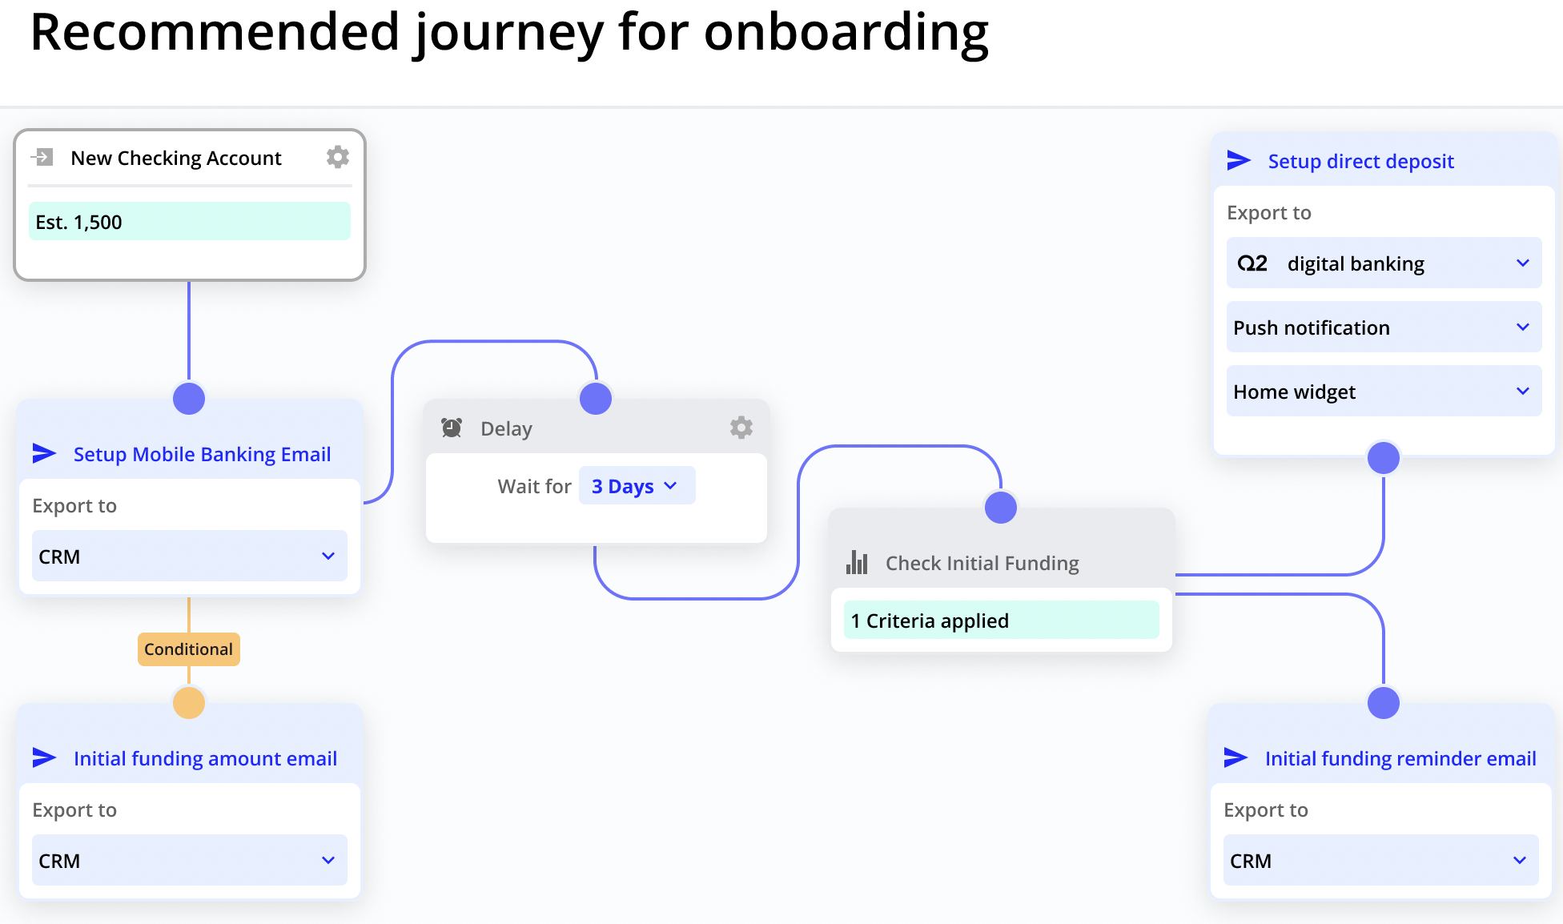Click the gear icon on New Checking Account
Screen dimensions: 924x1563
(338, 157)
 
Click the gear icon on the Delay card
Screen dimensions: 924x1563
(741, 428)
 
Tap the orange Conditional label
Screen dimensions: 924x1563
(189, 649)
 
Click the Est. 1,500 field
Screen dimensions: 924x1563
(190, 222)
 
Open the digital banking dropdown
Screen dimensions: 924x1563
(1384, 263)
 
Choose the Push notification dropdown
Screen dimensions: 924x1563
(1384, 327)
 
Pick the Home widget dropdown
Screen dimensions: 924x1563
(1384, 392)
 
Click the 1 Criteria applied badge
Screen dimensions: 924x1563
(1001, 621)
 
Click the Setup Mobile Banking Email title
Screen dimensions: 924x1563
(202, 454)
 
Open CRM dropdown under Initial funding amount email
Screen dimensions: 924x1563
(190, 861)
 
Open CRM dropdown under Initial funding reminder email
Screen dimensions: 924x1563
(1380, 861)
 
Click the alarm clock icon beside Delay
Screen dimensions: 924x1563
(452, 428)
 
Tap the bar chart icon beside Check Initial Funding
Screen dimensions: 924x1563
(857, 563)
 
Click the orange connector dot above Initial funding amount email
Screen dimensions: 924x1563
(189, 703)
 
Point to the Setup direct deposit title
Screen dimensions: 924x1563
(1360, 161)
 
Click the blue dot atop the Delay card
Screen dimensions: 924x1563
(596, 399)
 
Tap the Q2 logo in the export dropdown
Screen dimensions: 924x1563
(1252, 263)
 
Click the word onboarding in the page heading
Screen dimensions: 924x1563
(846, 34)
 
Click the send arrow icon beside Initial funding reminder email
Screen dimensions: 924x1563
(1236, 757)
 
